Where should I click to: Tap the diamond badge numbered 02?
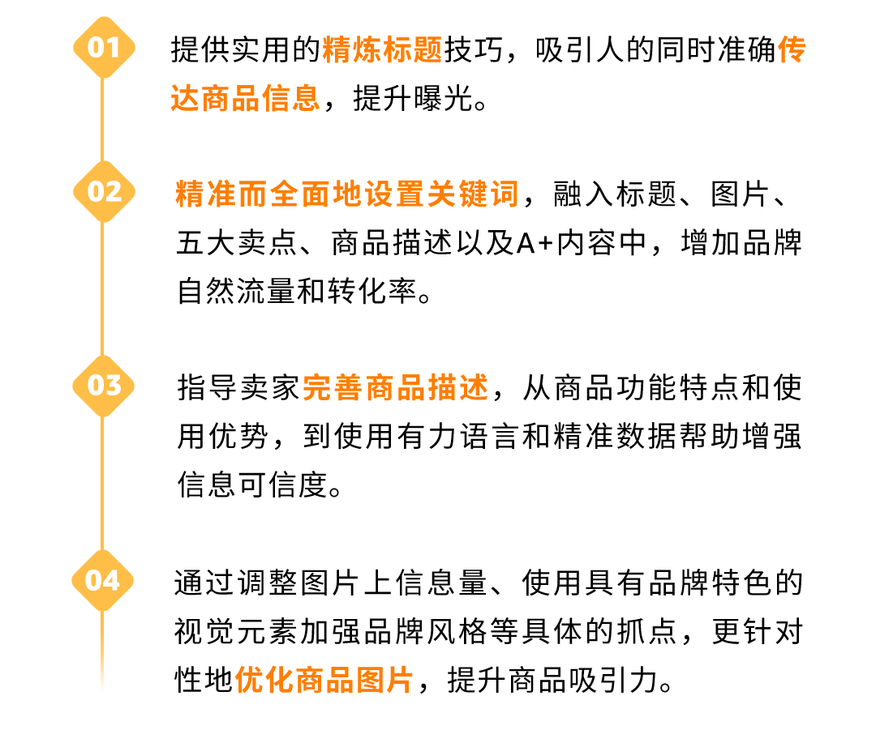103,191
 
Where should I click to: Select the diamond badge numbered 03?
103,385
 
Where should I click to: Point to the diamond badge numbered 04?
103,580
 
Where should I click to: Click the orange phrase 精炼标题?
382,50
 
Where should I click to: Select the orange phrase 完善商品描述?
396,388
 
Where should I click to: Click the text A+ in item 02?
533,244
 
